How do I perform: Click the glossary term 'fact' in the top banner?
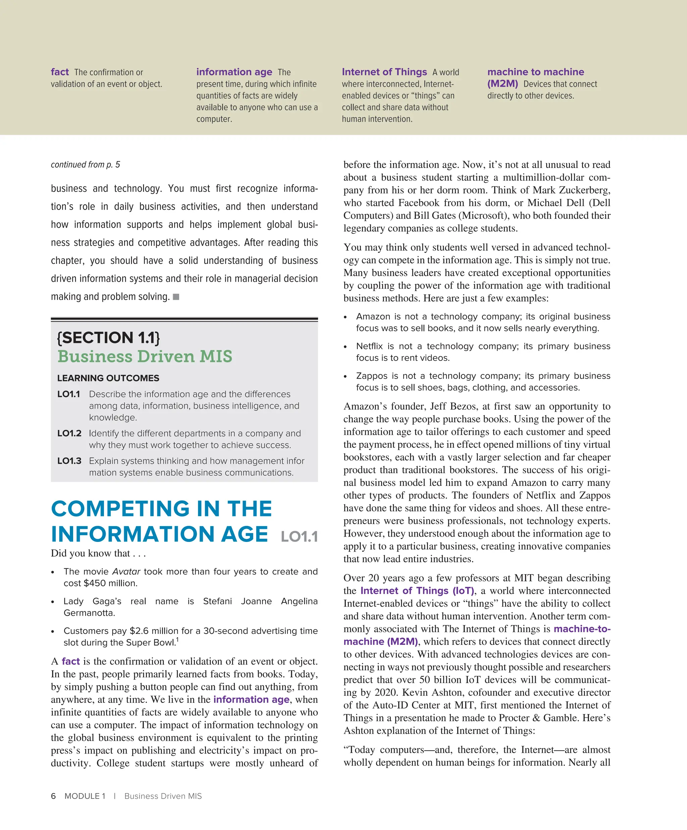point(60,72)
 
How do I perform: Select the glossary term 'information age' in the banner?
point(234,72)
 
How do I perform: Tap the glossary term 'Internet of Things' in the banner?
point(384,72)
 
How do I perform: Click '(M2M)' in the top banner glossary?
point(503,84)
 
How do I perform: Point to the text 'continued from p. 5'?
point(86,164)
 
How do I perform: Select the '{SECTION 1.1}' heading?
point(108,337)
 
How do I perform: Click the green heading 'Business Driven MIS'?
point(145,356)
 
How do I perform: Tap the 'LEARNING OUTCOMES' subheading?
point(108,378)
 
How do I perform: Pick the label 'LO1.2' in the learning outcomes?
point(69,433)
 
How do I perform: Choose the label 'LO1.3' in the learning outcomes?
point(69,461)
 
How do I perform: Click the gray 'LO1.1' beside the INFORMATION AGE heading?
point(299,537)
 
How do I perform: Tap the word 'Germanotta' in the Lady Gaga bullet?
point(89,613)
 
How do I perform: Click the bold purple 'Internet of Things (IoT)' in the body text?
point(417,591)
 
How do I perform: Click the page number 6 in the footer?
point(53,796)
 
